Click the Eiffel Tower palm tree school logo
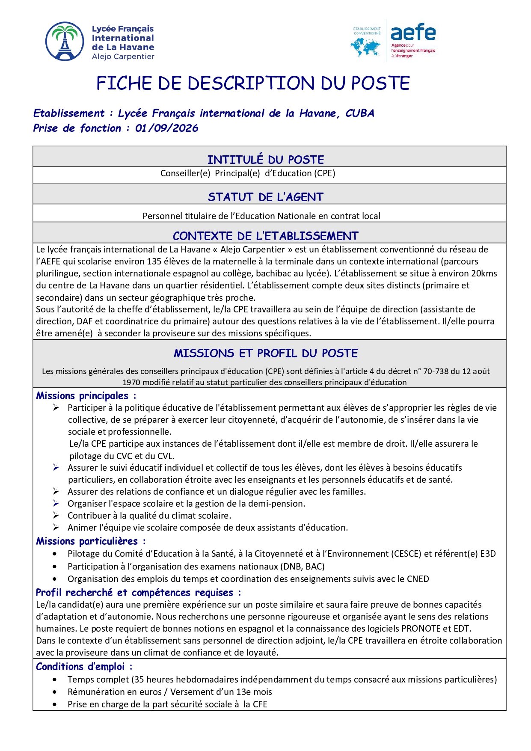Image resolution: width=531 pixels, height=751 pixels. coord(65,42)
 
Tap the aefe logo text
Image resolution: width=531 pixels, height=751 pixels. coord(413,33)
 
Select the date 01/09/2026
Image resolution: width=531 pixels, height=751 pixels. coord(167,128)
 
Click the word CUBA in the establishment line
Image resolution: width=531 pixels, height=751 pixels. coord(360,113)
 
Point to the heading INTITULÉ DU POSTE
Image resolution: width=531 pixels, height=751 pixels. coord(266,160)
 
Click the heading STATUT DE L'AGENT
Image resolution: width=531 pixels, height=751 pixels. coord(266,197)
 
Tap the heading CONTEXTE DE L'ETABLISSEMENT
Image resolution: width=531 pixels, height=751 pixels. coord(266,236)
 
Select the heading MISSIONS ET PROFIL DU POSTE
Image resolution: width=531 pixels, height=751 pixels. coord(266,353)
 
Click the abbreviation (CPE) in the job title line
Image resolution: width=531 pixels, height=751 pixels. coord(325,173)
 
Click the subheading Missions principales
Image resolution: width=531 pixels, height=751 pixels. coord(83,396)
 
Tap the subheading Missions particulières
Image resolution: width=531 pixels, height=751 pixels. coord(87,541)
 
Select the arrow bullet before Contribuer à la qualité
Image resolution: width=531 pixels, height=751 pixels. coord(56,516)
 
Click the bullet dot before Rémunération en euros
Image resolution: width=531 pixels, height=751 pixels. coord(55,692)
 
